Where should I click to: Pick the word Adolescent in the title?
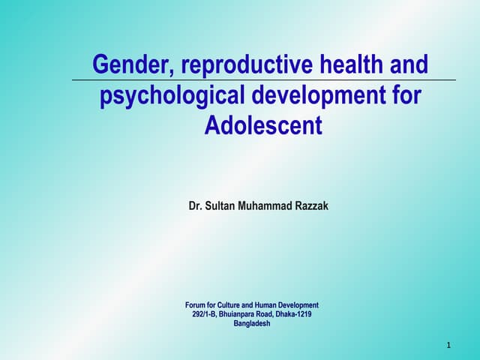tap(263, 125)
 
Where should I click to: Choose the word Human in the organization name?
tap(270, 305)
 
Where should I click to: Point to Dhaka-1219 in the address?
tap(295, 314)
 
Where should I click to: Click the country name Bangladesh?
tap(252, 324)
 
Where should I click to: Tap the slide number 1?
tap(448, 346)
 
